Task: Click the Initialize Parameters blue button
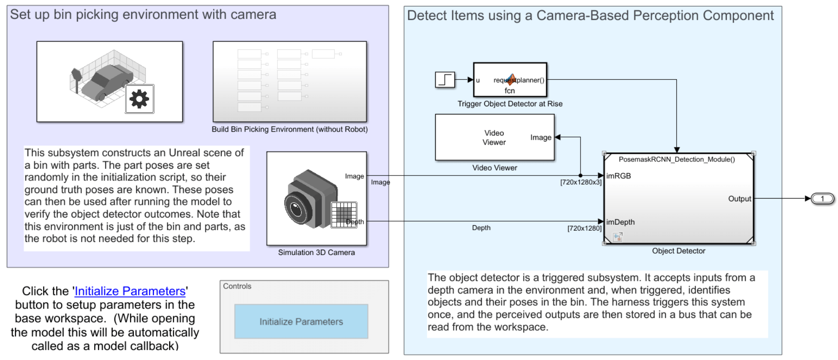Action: click(x=301, y=322)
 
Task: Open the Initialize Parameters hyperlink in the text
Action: click(x=130, y=291)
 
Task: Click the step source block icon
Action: click(x=444, y=80)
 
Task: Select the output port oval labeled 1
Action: click(x=822, y=199)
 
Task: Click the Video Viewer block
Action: click(x=494, y=137)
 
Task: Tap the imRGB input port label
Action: click(x=619, y=176)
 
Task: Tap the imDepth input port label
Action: click(x=620, y=222)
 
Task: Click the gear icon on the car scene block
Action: click(x=139, y=99)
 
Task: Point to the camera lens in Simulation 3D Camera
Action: click(x=296, y=209)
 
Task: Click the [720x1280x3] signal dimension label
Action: click(x=581, y=182)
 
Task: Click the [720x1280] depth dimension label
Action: click(x=584, y=228)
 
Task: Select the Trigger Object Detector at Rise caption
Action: click(x=510, y=104)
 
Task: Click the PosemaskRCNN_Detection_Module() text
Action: click(x=676, y=159)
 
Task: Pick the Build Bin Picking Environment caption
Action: click(x=290, y=129)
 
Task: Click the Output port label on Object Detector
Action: click(x=739, y=199)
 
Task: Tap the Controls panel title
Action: click(x=237, y=286)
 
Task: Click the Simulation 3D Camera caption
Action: click(x=316, y=252)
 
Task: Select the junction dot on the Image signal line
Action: click(x=581, y=175)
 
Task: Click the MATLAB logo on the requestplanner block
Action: click(x=511, y=80)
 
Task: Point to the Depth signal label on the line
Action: click(x=481, y=228)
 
